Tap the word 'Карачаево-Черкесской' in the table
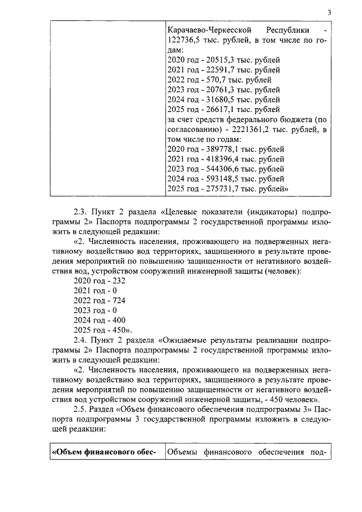[209, 29]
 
